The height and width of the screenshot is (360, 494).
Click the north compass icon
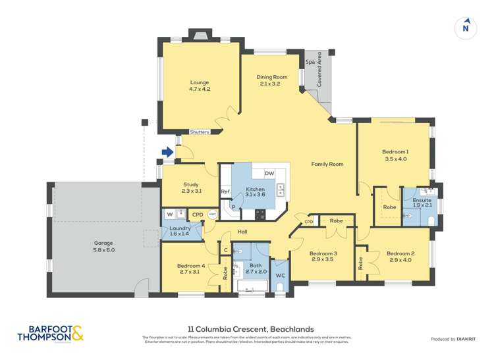(466, 27)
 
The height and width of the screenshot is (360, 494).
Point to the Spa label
(310, 62)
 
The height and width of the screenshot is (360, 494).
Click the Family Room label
(327, 164)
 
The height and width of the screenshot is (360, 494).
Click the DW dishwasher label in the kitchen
(269, 173)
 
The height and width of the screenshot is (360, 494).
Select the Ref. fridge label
(225, 192)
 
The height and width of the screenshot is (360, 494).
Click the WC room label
(279, 274)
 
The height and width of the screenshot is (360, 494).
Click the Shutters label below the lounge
(199, 132)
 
